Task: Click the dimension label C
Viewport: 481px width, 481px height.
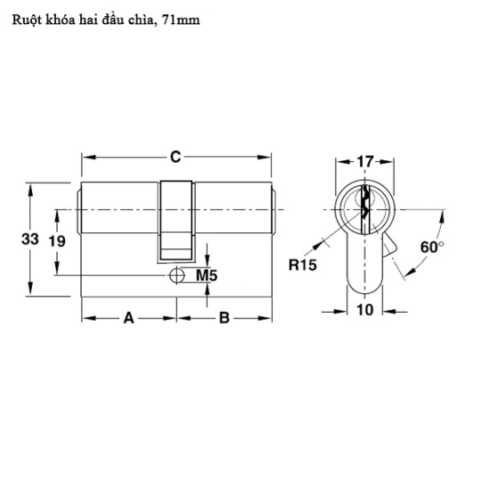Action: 175,157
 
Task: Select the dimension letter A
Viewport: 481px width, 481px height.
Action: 129,318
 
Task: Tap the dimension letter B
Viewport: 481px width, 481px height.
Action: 224,318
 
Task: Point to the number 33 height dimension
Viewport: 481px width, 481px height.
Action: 30,240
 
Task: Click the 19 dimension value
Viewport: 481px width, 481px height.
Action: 57,241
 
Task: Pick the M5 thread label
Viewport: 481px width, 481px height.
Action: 207,275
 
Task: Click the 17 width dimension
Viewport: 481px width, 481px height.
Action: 364,161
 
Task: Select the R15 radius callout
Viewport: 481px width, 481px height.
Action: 303,265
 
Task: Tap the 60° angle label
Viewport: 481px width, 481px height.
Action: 432,247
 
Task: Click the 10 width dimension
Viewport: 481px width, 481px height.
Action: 365,310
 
